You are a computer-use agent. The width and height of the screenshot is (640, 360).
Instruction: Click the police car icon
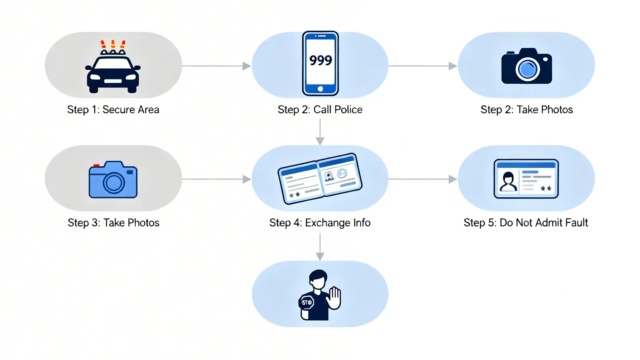[113, 73]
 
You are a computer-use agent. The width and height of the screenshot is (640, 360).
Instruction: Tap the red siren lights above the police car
[113, 44]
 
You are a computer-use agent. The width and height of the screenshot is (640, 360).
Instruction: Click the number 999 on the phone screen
[320, 60]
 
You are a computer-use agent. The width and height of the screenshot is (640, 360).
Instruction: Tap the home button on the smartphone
[320, 89]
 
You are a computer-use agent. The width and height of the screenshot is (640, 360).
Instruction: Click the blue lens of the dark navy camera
[527, 69]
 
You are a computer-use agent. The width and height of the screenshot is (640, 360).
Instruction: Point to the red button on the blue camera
[96, 166]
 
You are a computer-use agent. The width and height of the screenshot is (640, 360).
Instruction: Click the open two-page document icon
[320, 179]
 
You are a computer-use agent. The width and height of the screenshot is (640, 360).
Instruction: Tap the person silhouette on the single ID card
[508, 181]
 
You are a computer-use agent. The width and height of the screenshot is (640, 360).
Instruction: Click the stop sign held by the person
[307, 302]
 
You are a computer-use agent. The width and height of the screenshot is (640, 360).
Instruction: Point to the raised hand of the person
[335, 298]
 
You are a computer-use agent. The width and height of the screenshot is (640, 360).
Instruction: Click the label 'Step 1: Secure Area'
[113, 109]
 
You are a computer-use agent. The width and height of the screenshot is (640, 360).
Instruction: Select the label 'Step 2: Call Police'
[320, 109]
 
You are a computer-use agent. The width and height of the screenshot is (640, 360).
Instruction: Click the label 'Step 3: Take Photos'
[113, 222]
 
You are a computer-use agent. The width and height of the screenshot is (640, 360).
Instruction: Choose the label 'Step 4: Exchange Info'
[320, 222]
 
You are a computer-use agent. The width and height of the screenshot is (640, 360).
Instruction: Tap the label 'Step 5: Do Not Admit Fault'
[526, 222]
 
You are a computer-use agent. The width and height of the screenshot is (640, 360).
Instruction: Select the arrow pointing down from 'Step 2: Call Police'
[320, 132]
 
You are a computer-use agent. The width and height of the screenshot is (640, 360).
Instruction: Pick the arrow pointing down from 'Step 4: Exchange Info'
[320, 247]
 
